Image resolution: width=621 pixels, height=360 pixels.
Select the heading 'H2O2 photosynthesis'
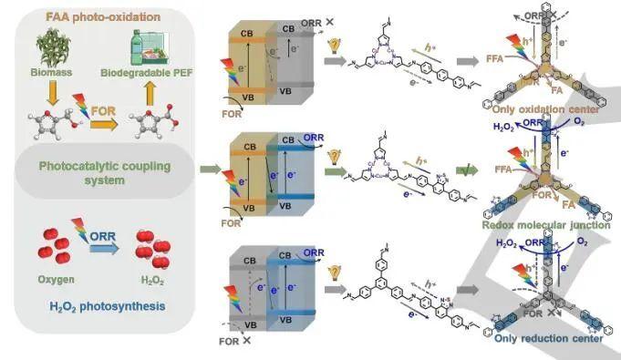point(106,306)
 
